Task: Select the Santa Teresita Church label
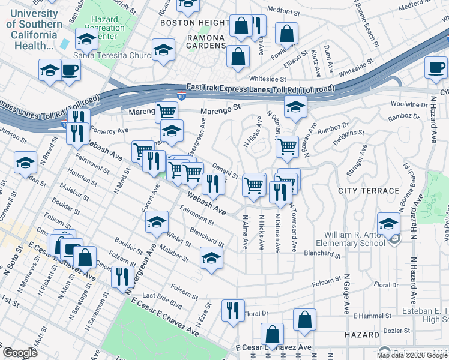pyautogui.click(x=112, y=56)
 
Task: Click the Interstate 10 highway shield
pyautogui.click(x=181, y=95)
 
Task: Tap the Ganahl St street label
pyautogui.click(x=227, y=173)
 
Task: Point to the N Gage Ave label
pyautogui.click(x=346, y=294)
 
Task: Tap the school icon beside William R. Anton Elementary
pyautogui.click(x=388, y=224)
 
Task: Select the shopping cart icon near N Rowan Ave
pyautogui.click(x=288, y=146)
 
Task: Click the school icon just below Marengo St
pyautogui.click(x=295, y=107)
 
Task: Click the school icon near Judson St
pyautogui.click(x=25, y=163)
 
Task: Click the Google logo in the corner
pyautogui.click(x=19, y=352)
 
